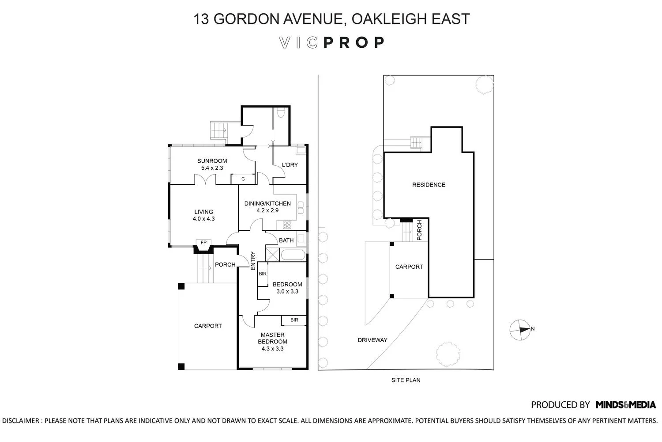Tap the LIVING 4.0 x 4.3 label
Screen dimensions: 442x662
click(x=203, y=215)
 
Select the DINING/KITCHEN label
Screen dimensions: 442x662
click(x=267, y=207)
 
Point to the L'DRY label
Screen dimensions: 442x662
click(x=290, y=165)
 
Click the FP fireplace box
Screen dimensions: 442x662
click(x=203, y=243)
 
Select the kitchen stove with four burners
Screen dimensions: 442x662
click(x=287, y=225)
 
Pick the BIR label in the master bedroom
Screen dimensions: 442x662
click(x=294, y=320)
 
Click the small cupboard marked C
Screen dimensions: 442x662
click(x=243, y=179)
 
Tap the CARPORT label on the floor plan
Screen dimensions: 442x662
click(x=208, y=326)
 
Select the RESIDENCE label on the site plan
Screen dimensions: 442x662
click(x=429, y=185)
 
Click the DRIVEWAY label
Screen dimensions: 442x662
click(x=372, y=340)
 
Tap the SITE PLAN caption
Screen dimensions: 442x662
click(x=406, y=380)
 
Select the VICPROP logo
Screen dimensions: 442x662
click(x=332, y=42)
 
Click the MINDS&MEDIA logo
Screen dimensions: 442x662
click(x=625, y=404)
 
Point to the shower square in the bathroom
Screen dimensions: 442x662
click(x=273, y=255)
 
